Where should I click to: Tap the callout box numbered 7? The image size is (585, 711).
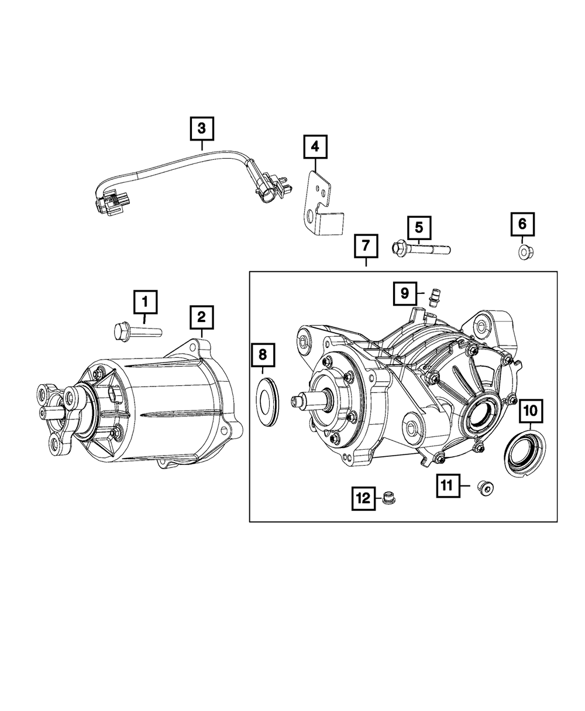click(x=365, y=247)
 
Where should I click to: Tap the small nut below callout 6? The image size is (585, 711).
click(x=522, y=252)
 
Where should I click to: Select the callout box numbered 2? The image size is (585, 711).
click(x=201, y=317)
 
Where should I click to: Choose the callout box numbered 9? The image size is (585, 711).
click(x=405, y=293)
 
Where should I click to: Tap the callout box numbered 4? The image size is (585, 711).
click(x=315, y=147)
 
